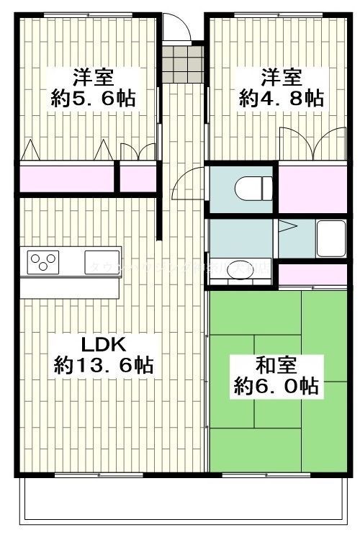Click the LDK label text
click(x=102, y=342)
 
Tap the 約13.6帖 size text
click(x=103, y=366)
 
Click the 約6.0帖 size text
click(x=277, y=387)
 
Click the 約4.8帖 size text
click(x=281, y=98)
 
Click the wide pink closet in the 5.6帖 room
click(x=66, y=178)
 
